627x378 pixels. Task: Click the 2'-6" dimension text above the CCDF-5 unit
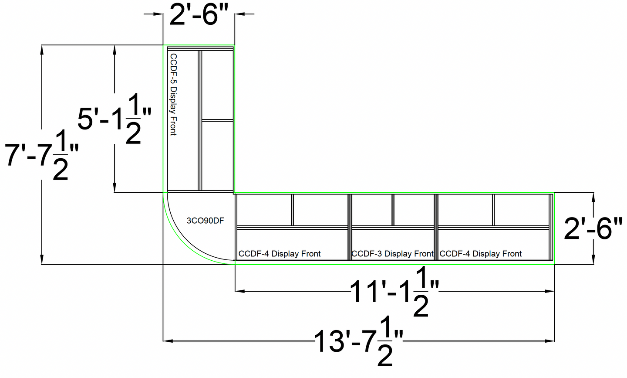[x=199, y=15]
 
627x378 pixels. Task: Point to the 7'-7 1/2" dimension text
[x=42, y=155]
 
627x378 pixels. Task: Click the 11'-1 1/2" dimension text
[x=394, y=291]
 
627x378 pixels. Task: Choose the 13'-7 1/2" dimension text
[x=359, y=341]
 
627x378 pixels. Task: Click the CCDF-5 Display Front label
[x=174, y=95]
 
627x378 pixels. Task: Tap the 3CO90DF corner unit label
[x=206, y=221]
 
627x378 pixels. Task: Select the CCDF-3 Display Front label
[x=392, y=254]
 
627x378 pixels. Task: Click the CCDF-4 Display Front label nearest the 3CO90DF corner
[x=280, y=254]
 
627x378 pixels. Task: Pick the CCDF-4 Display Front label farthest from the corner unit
[x=481, y=254]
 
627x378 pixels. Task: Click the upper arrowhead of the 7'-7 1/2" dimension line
[x=42, y=50]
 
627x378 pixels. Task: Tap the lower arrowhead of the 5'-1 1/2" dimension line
[x=115, y=187]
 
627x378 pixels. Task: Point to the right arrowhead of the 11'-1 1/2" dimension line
[x=549, y=291]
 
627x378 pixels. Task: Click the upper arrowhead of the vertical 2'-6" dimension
[x=593, y=197]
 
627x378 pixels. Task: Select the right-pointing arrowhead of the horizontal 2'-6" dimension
[x=158, y=14]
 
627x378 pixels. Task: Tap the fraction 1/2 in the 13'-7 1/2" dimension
[x=384, y=341]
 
